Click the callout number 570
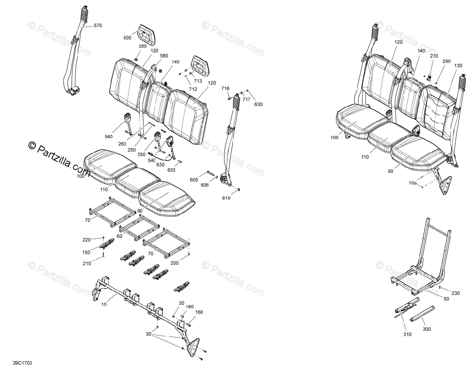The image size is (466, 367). click(97, 26)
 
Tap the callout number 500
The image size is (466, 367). click(127, 38)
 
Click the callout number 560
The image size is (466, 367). click(109, 136)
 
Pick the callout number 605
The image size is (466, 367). click(194, 179)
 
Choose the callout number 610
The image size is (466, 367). click(226, 198)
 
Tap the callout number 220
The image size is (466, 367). click(87, 240)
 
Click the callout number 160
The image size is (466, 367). click(199, 312)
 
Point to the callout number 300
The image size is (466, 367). click(427, 329)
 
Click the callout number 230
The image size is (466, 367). click(455, 293)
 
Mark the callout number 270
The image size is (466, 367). click(434, 56)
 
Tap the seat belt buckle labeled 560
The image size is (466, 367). click(128, 118)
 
